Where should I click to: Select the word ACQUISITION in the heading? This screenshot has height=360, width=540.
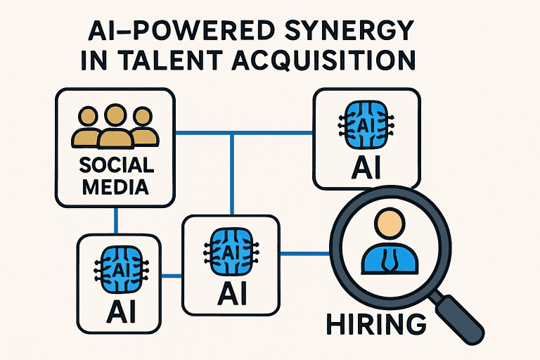(342, 60)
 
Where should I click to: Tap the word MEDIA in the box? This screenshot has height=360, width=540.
(116, 188)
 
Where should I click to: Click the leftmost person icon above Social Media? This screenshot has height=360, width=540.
(85, 127)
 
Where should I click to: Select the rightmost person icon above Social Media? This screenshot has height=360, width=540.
(143, 127)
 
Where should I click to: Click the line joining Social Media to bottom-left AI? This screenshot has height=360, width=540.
(116, 221)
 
